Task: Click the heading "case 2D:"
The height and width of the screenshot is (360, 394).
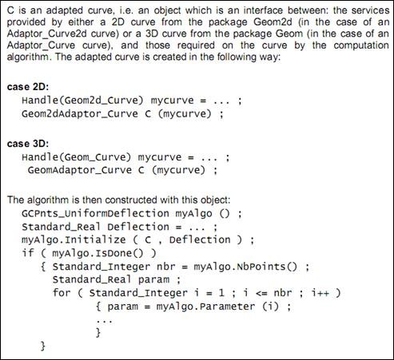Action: click(x=28, y=87)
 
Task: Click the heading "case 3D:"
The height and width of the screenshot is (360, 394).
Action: click(x=28, y=144)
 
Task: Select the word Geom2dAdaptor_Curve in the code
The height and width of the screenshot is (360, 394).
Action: click(x=80, y=114)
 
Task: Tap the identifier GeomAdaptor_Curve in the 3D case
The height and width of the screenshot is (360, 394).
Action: click(x=80, y=170)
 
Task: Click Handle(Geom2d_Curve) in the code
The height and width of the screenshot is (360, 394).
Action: click(x=83, y=101)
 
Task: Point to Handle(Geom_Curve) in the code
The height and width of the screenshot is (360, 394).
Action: click(x=77, y=157)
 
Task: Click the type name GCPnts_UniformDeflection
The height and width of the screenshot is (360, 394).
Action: click(x=95, y=213)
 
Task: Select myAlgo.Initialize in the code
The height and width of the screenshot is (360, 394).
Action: click(x=74, y=240)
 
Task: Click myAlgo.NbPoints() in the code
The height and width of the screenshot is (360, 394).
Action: click(x=245, y=267)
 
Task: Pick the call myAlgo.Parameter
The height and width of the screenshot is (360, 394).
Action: click(x=205, y=307)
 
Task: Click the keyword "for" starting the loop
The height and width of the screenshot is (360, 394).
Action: click(x=62, y=293)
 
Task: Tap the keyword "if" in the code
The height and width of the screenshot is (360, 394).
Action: click(x=28, y=253)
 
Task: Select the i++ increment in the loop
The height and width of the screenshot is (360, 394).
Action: click(x=320, y=293)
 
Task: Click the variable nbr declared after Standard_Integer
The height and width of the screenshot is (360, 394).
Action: click(x=166, y=267)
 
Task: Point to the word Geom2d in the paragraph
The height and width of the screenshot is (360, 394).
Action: click(x=273, y=22)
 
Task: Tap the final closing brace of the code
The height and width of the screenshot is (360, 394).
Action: click(x=42, y=346)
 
